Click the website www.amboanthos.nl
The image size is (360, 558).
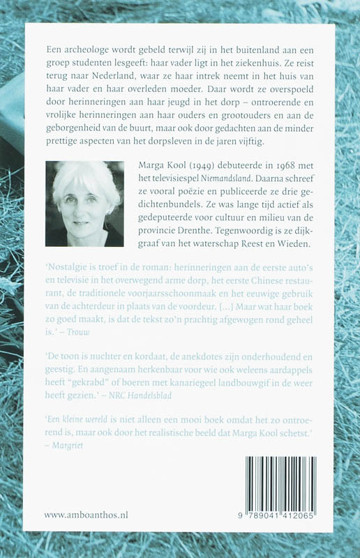coord(86,515)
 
